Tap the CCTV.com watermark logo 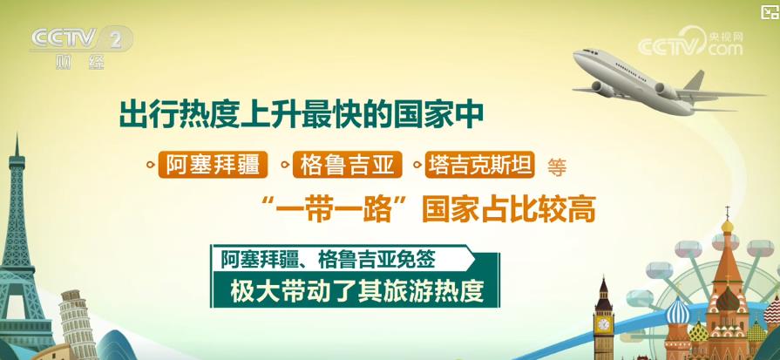click(x=690, y=42)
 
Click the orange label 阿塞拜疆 click(x=213, y=165)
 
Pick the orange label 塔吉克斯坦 click(x=480, y=165)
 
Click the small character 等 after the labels click(x=557, y=167)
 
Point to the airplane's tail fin click(x=695, y=80)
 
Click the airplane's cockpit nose click(x=580, y=55)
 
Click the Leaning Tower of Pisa click(x=78, y=324)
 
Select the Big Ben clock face click(x=603, y=324)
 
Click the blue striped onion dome click(x=677, y=312)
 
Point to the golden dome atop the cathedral click(x=727, y=227)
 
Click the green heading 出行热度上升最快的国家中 click(x=302, y=115)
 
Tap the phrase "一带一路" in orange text click(x=339, y=210)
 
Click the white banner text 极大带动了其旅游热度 click(x=357, y=292)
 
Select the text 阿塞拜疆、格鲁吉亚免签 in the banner click(x=329, y=259)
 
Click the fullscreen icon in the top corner click(x=769, y=11)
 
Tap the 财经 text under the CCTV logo click(x=79, y=62)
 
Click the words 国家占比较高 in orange click(x=508, y=210)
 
